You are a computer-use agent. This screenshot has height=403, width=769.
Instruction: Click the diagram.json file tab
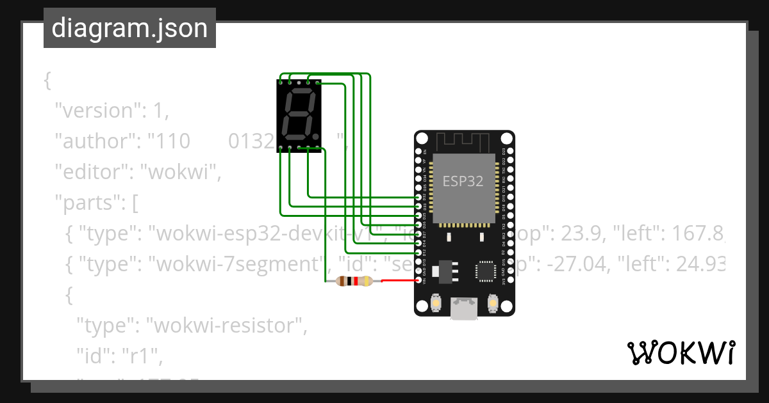pyautogui.click(x=129, y=28)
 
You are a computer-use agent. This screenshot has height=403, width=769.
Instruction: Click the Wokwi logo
pyautogui.click(x=681, y=352)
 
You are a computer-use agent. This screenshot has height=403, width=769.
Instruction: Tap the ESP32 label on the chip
pyautogui.click(x=463, y=181)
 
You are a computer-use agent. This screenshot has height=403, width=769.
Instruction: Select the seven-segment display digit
pyautogui.click(x=300, y=115)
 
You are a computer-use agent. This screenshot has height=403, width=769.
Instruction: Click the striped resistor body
pyautogui.click(x=354, y=281)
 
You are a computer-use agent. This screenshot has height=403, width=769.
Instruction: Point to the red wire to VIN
pyautogui.click(x=397, y=280)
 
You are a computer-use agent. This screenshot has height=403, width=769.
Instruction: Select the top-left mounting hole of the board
pyautogui.click(x=422, y=138)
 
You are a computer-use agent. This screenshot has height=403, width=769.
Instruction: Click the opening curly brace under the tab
pyautogui.click(x=47, y=81)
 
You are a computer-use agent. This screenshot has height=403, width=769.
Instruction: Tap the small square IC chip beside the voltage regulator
pyautogui.click(x=484, y=272)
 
